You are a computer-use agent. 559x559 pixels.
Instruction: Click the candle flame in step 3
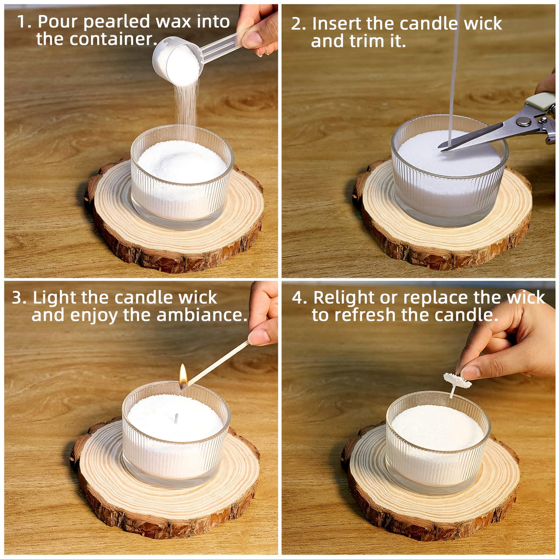coord(183,376)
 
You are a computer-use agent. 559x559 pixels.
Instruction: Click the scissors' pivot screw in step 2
coord(525,122)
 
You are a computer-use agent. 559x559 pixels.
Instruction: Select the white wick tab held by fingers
coord(457,380)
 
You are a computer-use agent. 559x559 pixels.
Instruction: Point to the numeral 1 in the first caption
coord(21,22)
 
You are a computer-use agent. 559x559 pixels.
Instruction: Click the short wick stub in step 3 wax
coord(176,419)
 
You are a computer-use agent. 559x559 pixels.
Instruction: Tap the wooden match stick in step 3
coord(218,362)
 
